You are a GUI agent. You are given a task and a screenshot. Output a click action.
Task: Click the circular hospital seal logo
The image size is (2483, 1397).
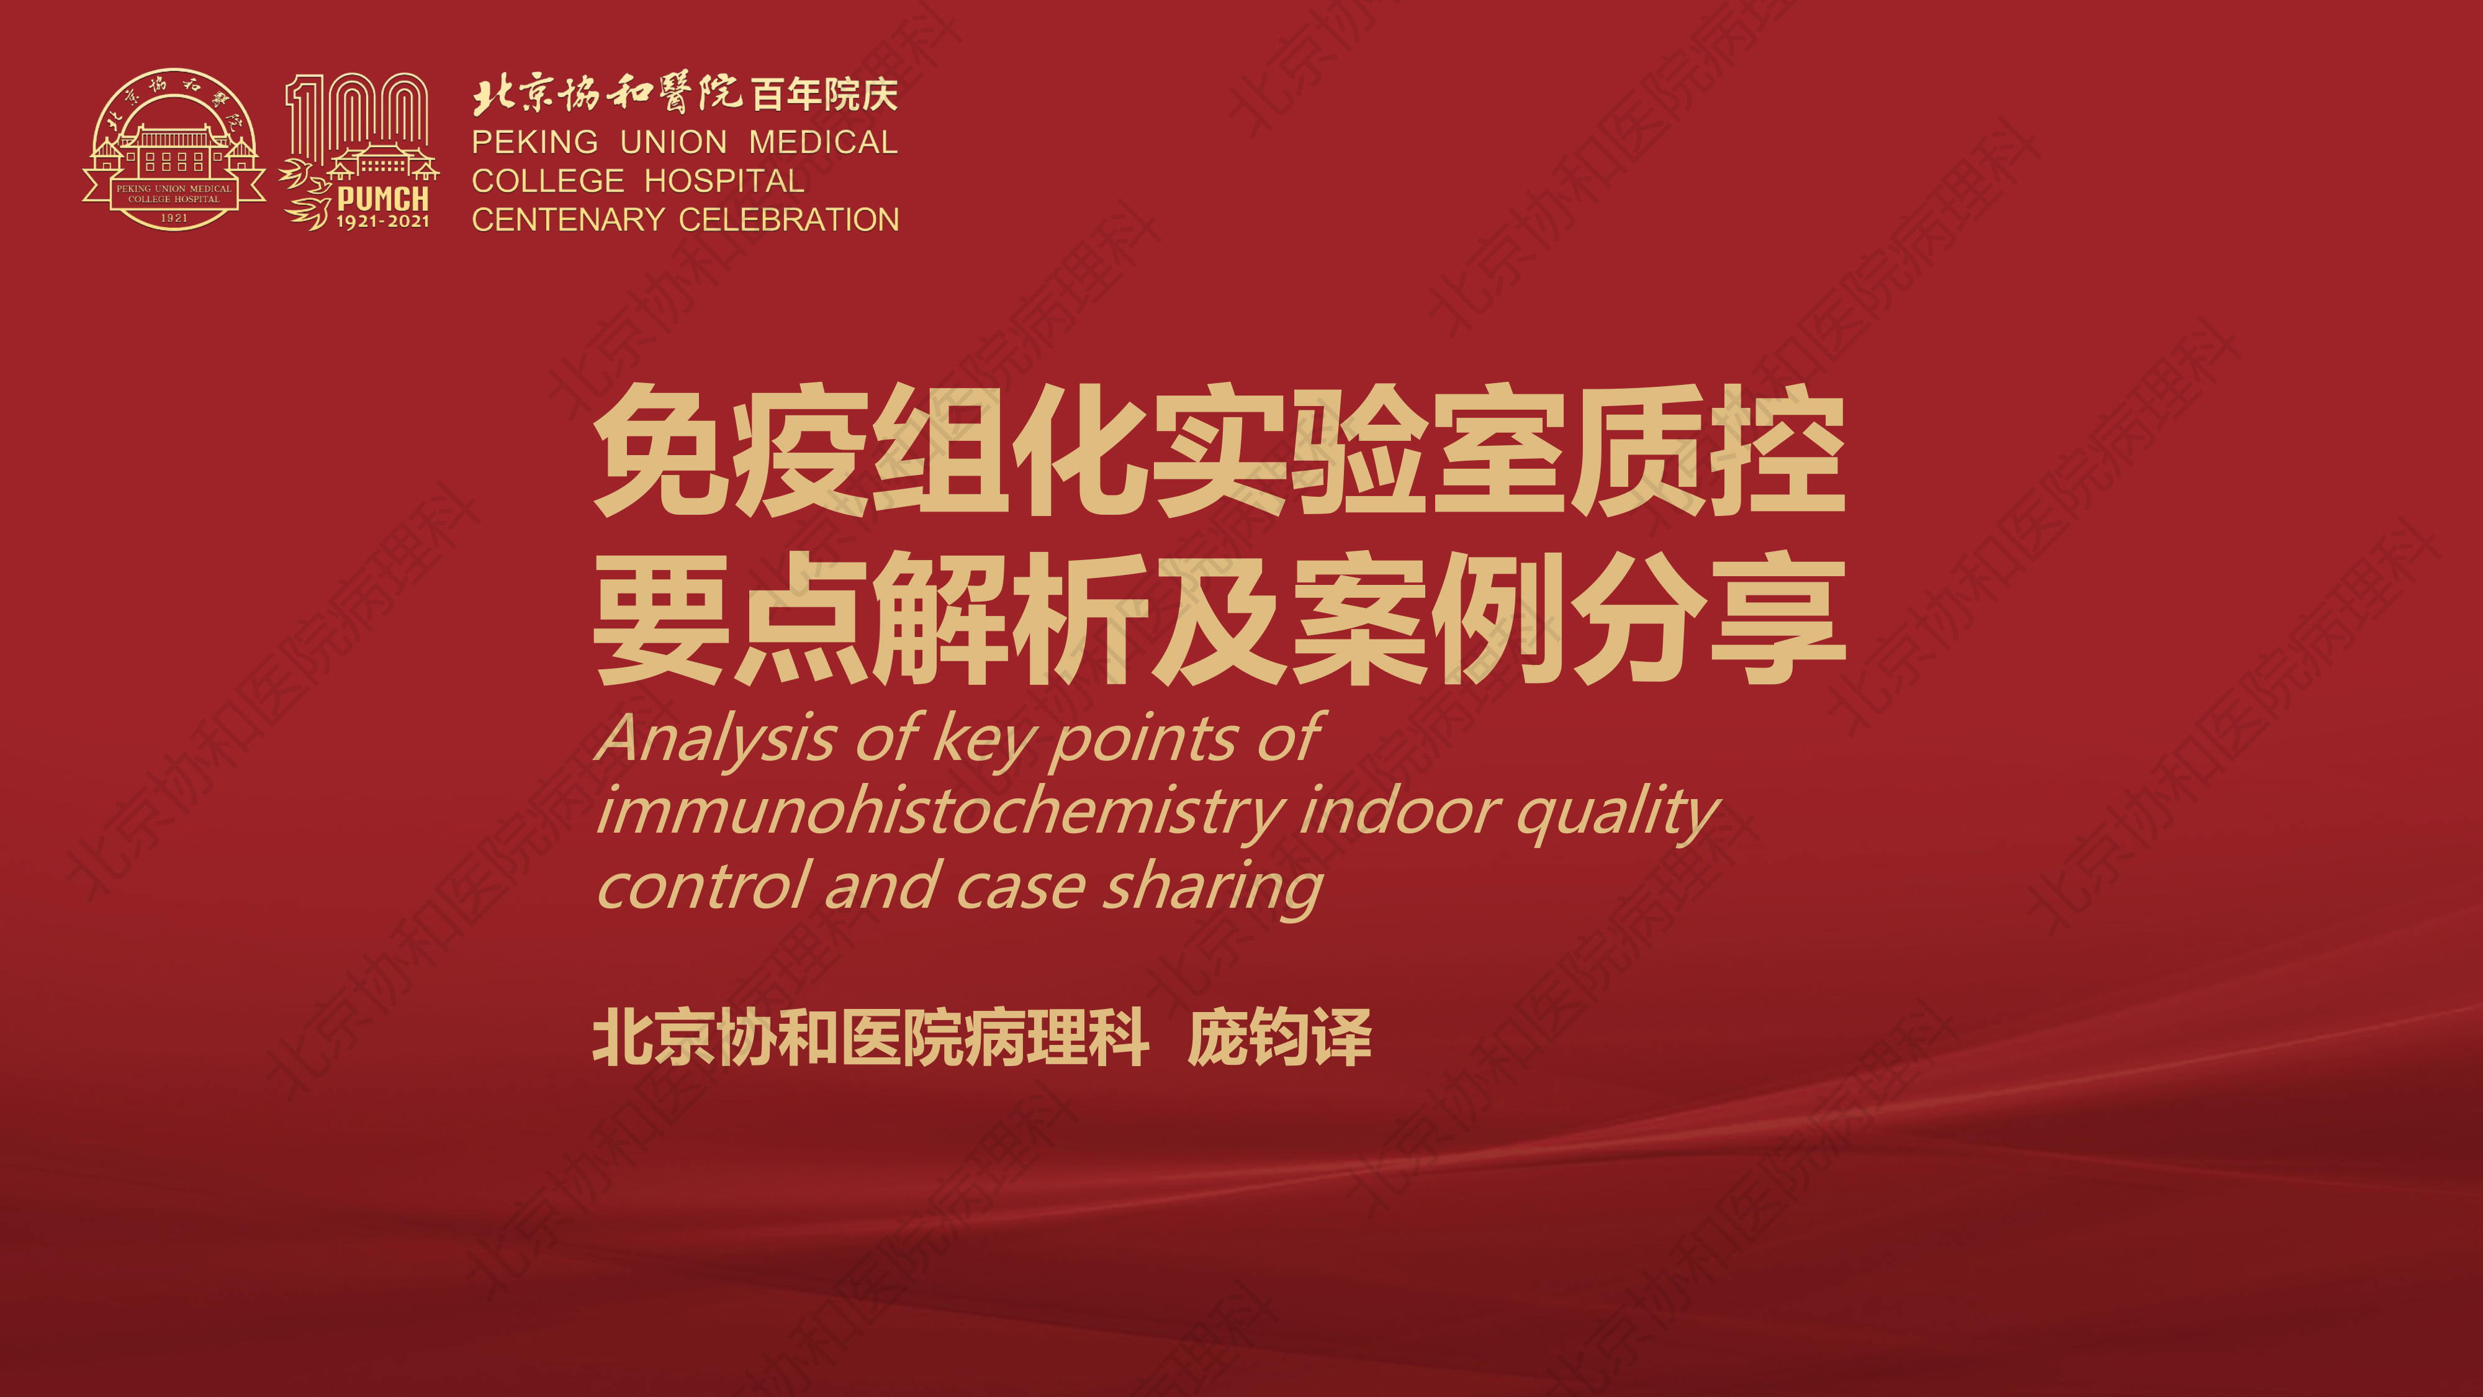[174, 150]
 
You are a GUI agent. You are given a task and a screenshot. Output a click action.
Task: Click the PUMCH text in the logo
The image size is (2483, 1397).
[382, 199]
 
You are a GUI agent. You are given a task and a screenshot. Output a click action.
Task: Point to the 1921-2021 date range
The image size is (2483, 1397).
[382, 222]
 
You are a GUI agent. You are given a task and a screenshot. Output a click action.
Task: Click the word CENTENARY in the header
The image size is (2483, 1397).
[568, 220]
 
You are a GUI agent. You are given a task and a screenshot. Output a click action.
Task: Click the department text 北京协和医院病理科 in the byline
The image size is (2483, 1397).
[870, 1038]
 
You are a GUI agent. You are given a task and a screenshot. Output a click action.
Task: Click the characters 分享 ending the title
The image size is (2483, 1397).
[1708, 619]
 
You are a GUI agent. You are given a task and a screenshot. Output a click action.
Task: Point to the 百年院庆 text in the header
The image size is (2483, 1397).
[824, 94]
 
